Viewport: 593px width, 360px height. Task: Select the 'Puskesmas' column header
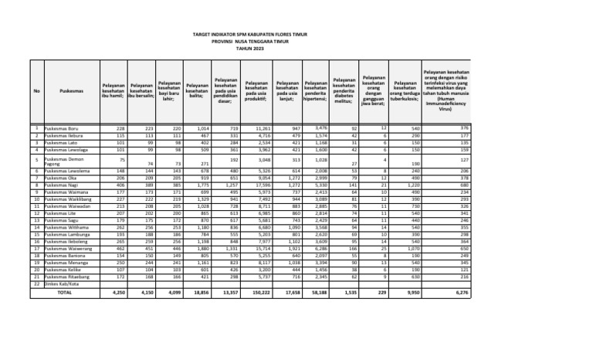[x=56, y=90]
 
